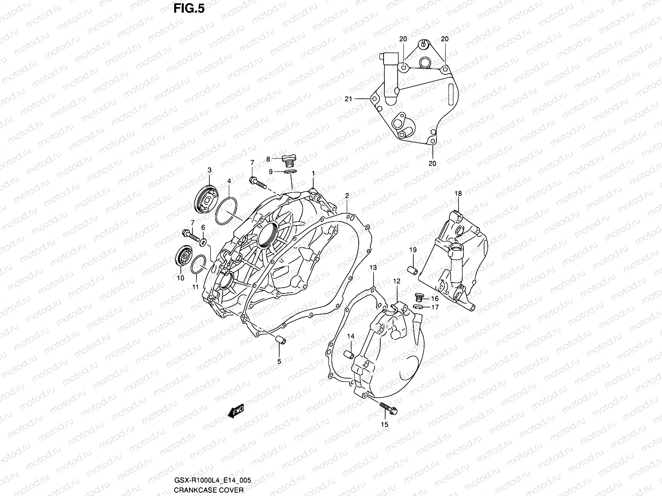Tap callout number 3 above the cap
click(209, 170)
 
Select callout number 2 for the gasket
click(347, 196)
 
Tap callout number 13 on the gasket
click(373, 268)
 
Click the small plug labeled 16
click(419, 296)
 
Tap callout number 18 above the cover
click(458, 193)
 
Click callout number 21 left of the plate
click(348, 99)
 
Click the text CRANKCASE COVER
click(202, 490)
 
